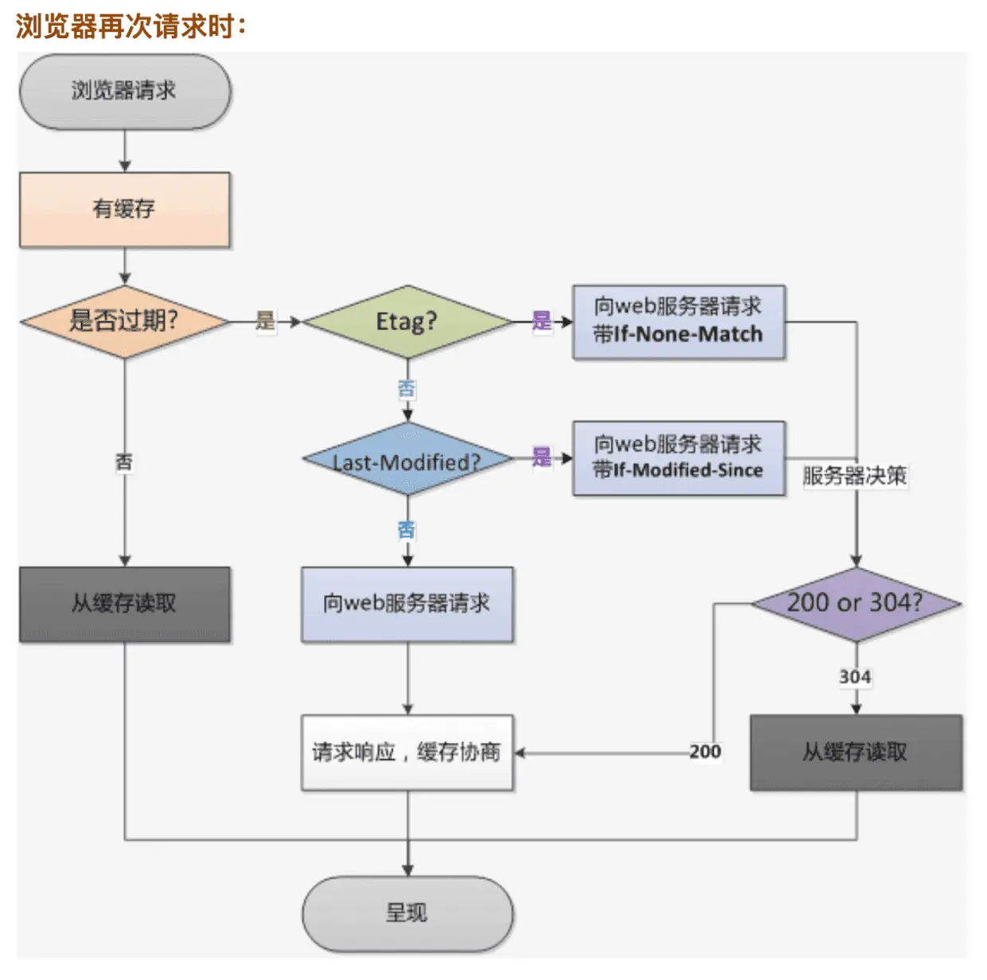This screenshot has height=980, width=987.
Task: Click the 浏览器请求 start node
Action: (x=125, y=91)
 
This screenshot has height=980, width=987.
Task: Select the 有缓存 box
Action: (x=124, y=210)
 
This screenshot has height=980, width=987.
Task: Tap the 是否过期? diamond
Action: (x=124, y=321)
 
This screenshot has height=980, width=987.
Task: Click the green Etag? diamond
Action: (x=408, y=321)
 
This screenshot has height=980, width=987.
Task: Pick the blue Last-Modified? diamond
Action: (x=408, y=459)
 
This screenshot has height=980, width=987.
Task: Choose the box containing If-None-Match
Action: (x=679, y=322)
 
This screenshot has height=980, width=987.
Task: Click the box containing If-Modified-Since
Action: (x=679, y=458)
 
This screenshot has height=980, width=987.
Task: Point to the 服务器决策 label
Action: (x=855, y=476)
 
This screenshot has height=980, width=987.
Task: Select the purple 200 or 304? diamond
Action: (x=856, y=605)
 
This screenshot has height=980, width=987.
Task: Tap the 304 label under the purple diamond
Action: (x=855, y=677)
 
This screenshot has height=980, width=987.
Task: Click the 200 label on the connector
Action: (x=705, y=752)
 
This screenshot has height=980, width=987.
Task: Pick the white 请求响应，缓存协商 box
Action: (x=408, y=752)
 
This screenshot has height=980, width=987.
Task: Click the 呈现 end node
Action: (x=408, y=914)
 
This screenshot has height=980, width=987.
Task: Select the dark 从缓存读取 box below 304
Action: (x=856, y=752)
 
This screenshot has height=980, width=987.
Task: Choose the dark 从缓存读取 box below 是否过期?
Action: (x=124, y=605)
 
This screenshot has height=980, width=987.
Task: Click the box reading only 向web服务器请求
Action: (x=408, y=605)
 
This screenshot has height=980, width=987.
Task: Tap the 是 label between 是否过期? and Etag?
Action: (x=265, y=321)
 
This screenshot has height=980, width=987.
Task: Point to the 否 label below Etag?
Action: (x=407, y=389)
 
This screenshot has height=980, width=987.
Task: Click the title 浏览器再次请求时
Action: (x=131, y=25)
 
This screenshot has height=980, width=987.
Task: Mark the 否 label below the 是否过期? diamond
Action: (x=124, y=462)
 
